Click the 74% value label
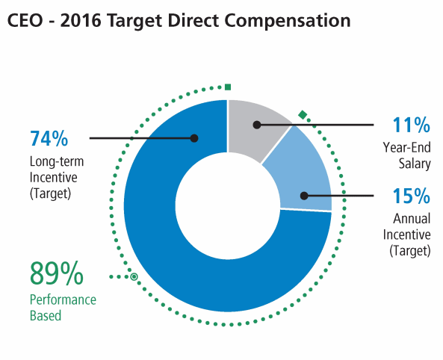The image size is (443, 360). point(49,138)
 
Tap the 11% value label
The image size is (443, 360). point(412,125)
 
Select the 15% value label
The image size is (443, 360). point(412,196)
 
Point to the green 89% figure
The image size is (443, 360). point(57,274)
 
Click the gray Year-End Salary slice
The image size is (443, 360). point(254,127)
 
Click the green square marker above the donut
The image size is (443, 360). point(228,87)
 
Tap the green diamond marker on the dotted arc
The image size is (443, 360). point(303,115)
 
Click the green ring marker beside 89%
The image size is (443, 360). point(134,276)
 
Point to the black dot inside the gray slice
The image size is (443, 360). point(257,125)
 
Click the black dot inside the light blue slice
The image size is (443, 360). point(304,196)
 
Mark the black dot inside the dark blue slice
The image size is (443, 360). point(194,138)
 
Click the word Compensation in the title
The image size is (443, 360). point(288,21)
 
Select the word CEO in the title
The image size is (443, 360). point(25,21)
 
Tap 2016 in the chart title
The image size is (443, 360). point(81,21)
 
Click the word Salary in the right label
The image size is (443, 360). point(415,164)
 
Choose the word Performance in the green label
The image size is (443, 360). point(63,300)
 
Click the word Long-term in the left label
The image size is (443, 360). point(57,161)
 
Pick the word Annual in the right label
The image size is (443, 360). point(412,219)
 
